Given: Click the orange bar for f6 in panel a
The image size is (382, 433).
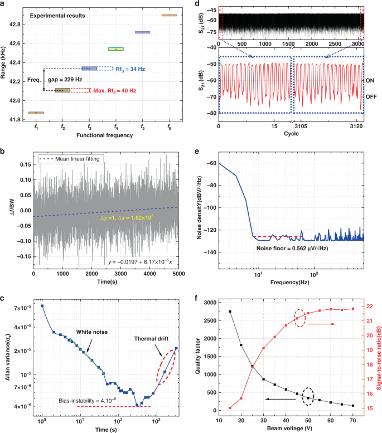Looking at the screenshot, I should click(169, 15).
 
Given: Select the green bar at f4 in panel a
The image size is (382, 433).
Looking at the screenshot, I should click(116, 49).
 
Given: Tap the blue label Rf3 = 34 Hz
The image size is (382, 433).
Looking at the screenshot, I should click(130, 69).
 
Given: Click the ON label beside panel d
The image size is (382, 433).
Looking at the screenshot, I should click(370, 81).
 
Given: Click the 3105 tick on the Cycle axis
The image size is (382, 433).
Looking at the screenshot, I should click(298, 127).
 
